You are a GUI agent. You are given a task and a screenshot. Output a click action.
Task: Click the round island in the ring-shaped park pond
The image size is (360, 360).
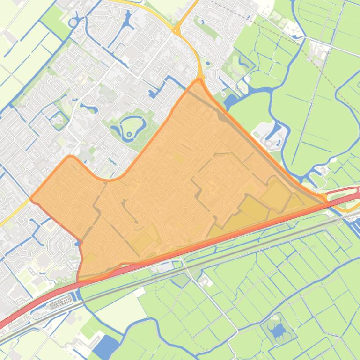[129, 122]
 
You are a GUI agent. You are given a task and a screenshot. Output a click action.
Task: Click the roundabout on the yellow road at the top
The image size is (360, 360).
[177, 31]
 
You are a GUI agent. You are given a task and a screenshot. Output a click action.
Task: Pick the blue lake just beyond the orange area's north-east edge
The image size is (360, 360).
[231, 100]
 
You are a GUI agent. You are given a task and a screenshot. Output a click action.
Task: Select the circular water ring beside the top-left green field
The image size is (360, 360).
[73, 22]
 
